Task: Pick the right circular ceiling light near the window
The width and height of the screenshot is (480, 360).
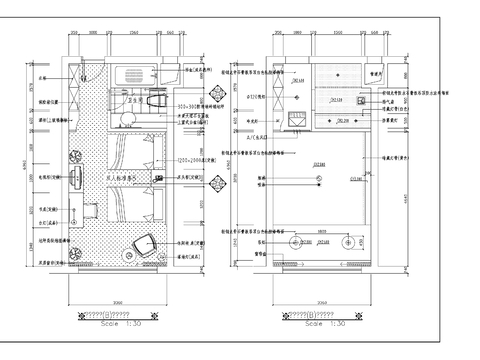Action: (x=348, y=241)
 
